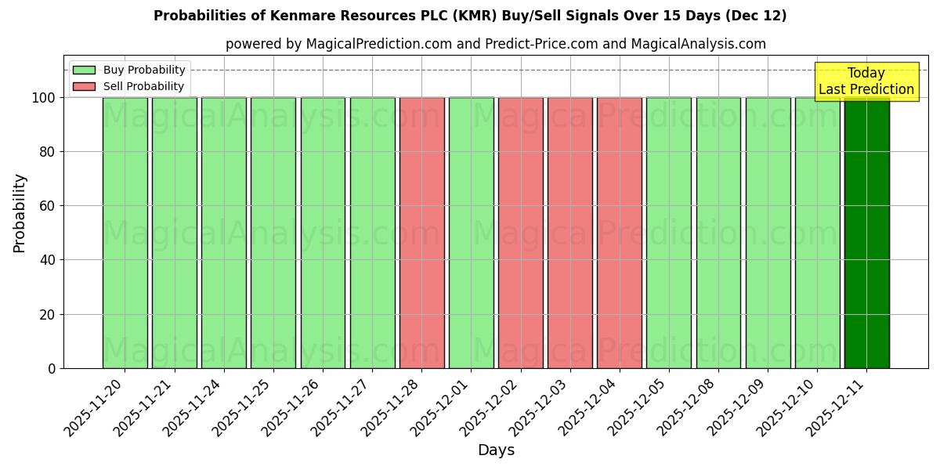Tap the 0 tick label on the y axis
52,368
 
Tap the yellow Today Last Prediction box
866,81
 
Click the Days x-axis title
496,450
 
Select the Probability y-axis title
20,212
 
